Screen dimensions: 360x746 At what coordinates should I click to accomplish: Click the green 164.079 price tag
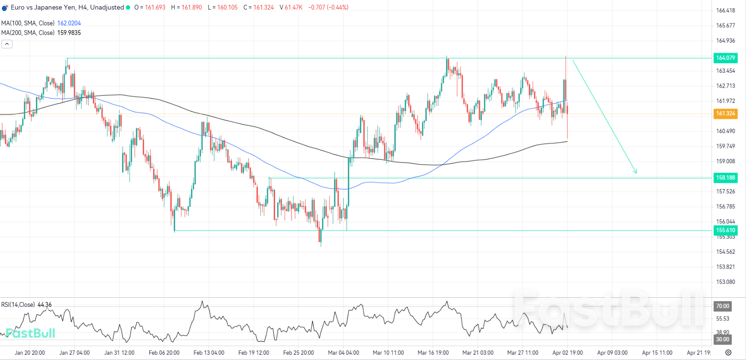tap(724, 58)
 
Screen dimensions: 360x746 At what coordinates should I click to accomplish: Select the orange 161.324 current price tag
tap(724, 114)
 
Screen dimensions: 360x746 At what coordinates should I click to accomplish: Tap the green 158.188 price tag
tap(724, 178)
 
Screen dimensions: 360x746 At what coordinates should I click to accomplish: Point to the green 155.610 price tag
tap(724, 230)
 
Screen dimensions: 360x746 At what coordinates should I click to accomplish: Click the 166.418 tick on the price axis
tap(725, 11)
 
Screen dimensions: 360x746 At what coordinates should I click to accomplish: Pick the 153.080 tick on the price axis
tap(725, 281)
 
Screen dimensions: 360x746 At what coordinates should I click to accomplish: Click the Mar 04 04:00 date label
tap(343, 353)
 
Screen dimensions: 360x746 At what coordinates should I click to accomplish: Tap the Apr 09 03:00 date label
tap(612, 353)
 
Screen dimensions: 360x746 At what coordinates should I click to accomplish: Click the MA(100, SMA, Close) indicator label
tap(28, 23)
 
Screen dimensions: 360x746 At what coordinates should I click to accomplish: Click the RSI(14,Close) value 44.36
tap(45, 304)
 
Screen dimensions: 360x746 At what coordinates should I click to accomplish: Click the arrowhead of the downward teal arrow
tap(636, 172)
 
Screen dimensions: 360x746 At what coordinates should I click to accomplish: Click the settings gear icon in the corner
tap(728, 353)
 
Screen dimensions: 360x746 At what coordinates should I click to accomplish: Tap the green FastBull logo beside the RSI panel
tap(30, 333)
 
